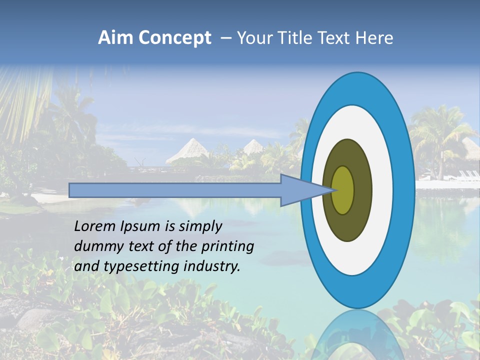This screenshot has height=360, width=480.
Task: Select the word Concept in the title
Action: pyautogui.click(x=174, y=38)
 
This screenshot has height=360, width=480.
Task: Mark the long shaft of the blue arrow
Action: pyautogui.click(x=175, y=190)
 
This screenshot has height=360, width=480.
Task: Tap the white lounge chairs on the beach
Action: pyautogui.click(x=468, y=175)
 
